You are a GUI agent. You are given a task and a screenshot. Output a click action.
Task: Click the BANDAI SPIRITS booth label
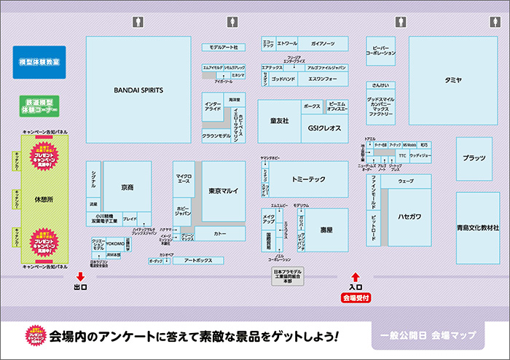click(138, 91)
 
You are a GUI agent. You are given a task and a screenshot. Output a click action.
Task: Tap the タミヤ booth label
click(453, 81)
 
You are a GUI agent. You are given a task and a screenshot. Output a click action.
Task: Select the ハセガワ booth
click(409, 216)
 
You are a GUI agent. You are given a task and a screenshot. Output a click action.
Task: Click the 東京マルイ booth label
click(224, 191)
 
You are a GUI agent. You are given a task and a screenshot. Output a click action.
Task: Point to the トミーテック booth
click(309, 179)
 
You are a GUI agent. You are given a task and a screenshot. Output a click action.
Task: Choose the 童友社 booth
click(279, 120)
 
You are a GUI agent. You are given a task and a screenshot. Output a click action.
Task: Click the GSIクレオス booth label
click(325, 127)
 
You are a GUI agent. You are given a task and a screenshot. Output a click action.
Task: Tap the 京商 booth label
click(127, 187)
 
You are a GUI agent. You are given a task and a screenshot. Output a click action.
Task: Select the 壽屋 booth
click(326, 230)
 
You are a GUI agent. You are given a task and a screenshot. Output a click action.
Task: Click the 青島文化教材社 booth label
click(477, 227)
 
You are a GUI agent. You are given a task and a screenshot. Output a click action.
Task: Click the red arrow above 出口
click(80, 276)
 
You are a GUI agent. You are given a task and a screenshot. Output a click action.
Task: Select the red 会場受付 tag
click(356, 298)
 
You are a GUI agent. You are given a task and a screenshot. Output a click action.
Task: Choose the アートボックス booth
click(198, 260)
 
